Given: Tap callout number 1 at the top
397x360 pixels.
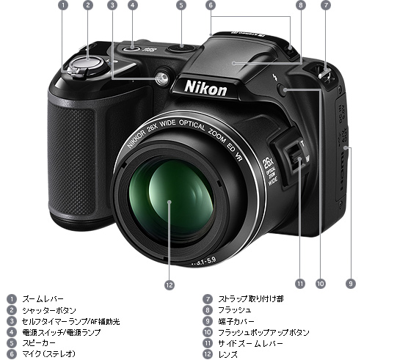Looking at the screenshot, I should (62, 5).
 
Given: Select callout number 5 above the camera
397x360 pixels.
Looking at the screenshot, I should (181, 5).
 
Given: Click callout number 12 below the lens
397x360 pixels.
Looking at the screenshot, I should (170, 285).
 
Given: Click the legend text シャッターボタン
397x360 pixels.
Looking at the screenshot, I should (49, 310).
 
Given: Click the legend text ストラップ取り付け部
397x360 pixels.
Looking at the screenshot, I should (250, 299).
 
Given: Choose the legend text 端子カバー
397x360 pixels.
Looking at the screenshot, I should (236, 321).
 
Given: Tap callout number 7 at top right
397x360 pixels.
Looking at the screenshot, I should (325, 5).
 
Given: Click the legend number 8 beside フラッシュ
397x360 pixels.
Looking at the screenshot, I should (207, 310).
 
